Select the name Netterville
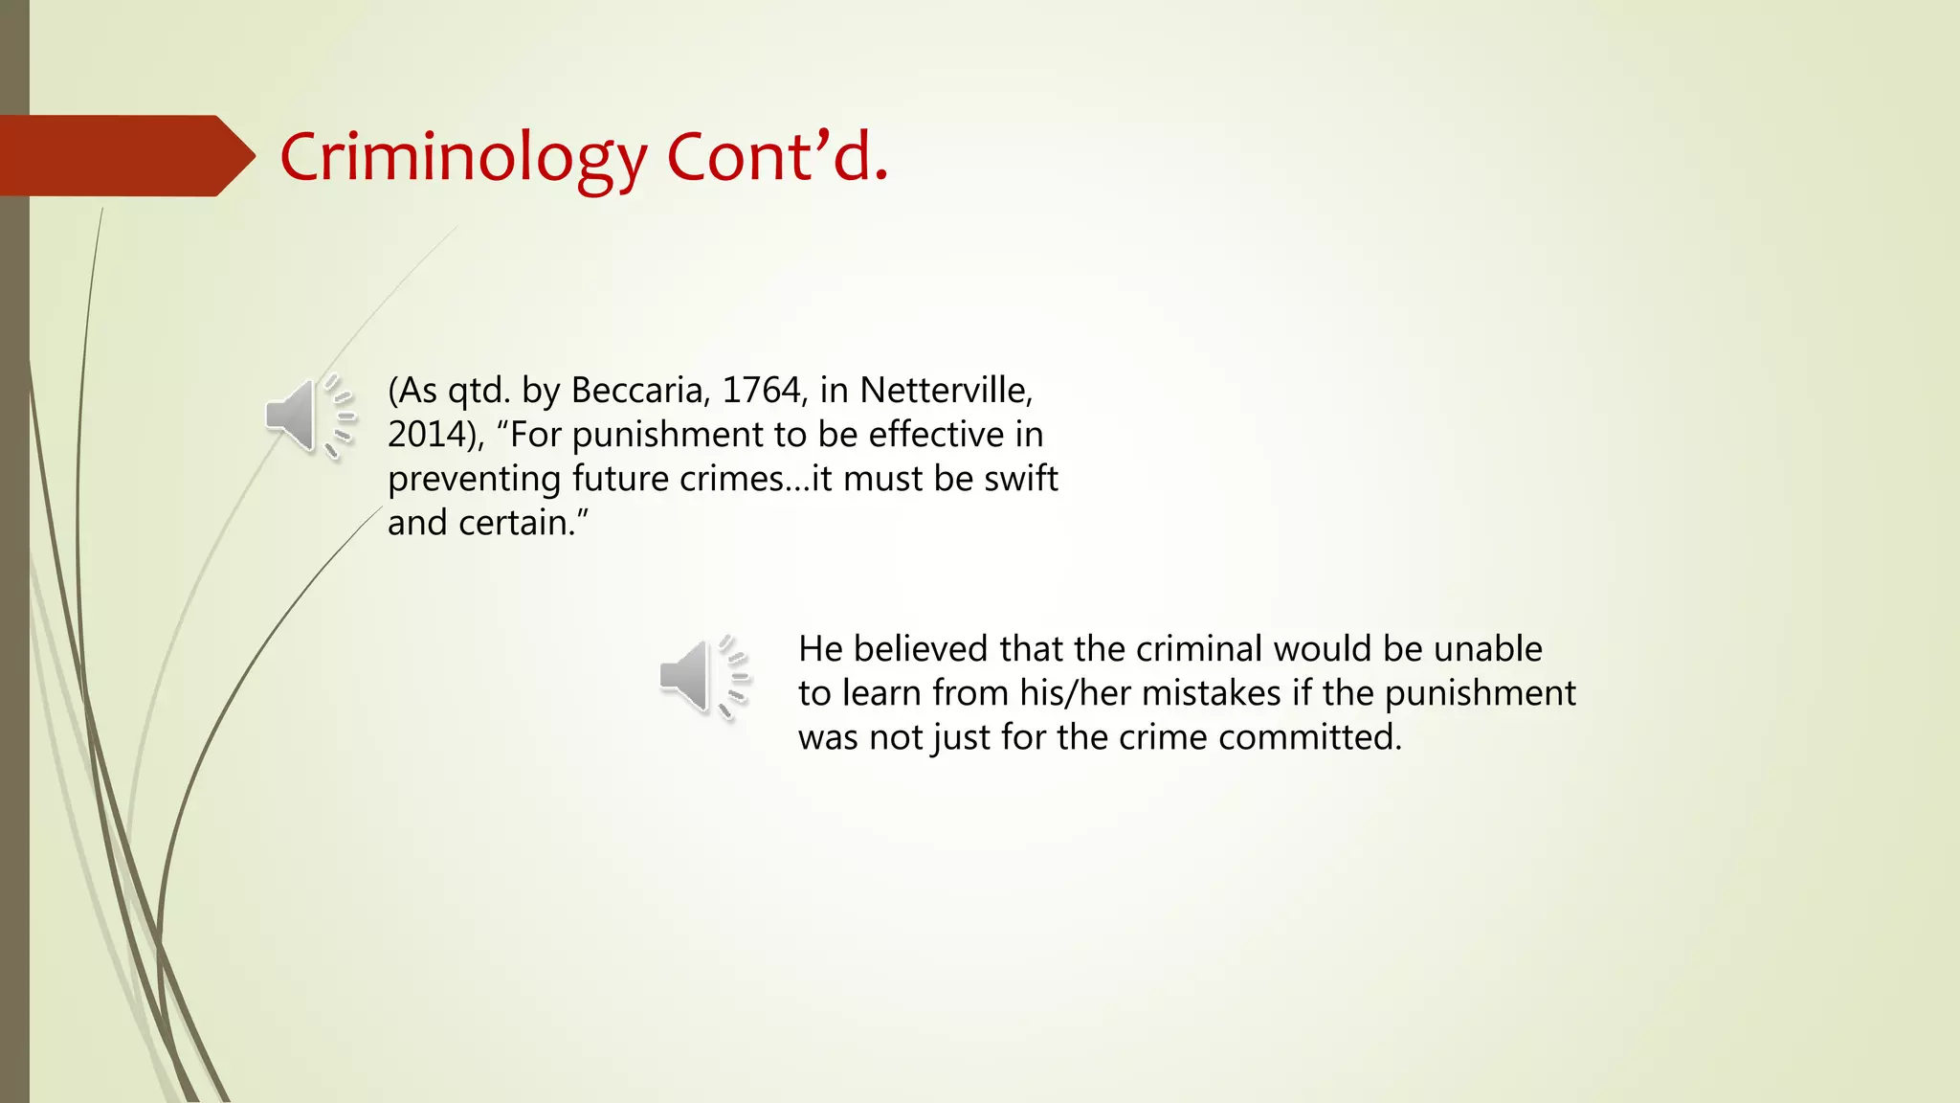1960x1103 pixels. point(946,391)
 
